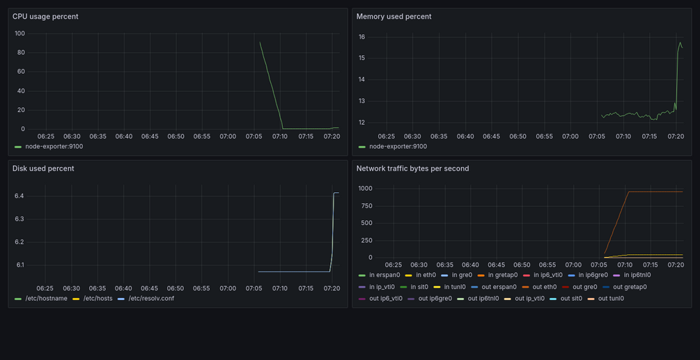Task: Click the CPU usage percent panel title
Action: point(45,17)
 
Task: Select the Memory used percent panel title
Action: point(394,17)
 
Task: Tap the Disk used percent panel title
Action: point(43,169)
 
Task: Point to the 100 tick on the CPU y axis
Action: point(20,33)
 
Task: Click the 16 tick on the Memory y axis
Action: point(362,37)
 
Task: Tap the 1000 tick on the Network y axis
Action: point(365,189)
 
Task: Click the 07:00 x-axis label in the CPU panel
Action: point(228,136)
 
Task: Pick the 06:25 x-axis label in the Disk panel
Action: point(45,288)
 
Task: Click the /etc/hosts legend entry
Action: point(93,299)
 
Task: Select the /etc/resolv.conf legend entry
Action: point(146,299)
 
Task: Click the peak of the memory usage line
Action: point(680,42)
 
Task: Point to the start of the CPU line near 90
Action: point(260,42)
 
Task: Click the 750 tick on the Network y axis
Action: point(366,206)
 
